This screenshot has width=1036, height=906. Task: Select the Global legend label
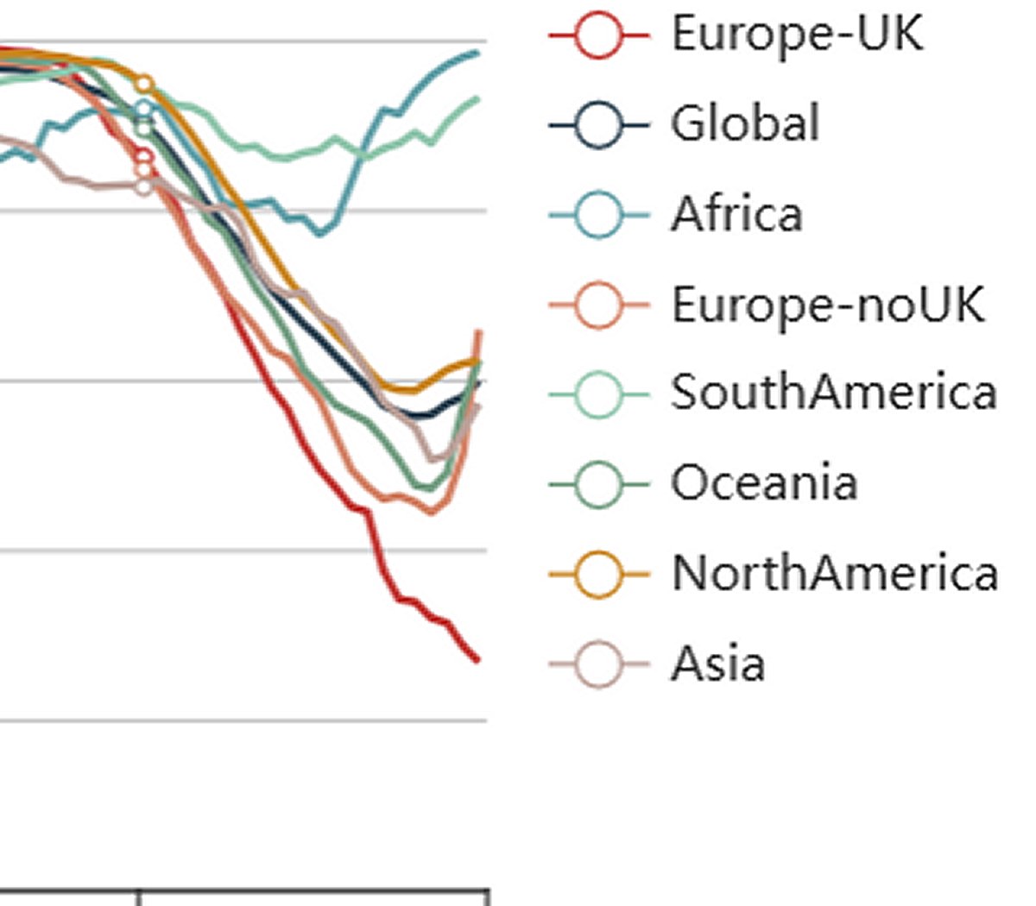click(x=745, y=123)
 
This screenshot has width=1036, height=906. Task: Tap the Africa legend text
click(x=736, y=213)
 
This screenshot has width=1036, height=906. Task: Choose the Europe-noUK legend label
click(x=827, y=304)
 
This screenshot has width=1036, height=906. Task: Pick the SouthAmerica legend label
click(x=834, y=393)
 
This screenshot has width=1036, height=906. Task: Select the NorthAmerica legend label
click(x=834, y=573)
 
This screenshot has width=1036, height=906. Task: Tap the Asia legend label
click(x=717, y=664)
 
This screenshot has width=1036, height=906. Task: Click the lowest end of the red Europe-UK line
click(x=477, y=661)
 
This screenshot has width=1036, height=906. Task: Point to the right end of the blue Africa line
click(x=477, y=53)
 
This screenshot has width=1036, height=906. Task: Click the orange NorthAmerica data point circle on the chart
click(x=145, y=84)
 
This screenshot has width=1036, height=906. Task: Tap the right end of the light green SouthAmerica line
click(x=477, y=99)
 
